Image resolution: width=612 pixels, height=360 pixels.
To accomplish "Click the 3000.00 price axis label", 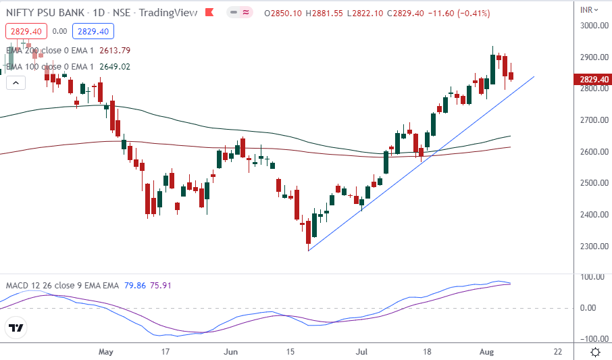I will pos(592,26).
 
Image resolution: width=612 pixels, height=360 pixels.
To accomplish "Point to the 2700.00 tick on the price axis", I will pos(592,120).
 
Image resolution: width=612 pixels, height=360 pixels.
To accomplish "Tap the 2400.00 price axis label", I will pos(592,215).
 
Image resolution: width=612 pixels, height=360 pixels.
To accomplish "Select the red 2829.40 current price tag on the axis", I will pos(593,80).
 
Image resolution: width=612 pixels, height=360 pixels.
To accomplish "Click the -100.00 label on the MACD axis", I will pos(592,338).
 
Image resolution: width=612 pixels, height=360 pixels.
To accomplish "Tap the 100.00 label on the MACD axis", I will pos(592,277).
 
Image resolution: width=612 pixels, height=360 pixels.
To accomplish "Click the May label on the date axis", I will pos(105,352).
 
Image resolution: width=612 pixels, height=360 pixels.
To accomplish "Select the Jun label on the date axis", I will pos(232,352).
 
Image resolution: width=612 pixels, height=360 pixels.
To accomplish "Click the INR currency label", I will pos(587,9).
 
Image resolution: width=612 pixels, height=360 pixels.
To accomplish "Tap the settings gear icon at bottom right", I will pos(595,352).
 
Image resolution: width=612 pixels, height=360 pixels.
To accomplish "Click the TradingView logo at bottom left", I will pos(16,329).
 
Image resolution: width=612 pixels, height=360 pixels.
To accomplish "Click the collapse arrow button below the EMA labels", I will pos(16,83).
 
